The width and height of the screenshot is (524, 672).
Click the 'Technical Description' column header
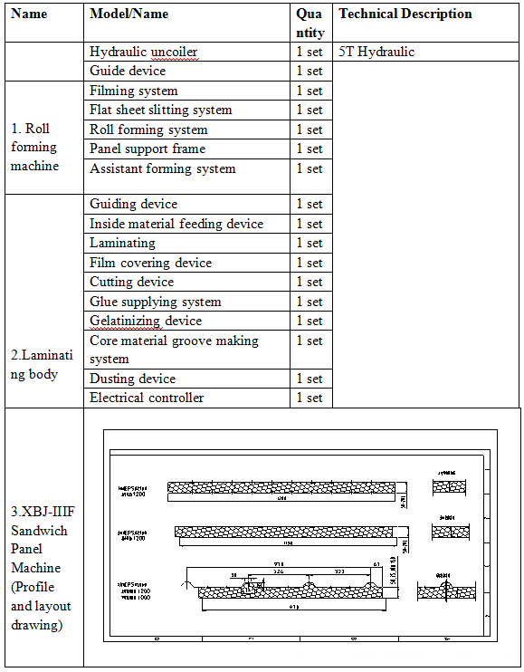click(405, 14)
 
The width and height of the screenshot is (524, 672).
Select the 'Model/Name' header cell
click(129, 14)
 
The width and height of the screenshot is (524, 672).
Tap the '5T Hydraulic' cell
click(376, 52)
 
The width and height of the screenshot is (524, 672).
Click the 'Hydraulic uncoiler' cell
click(143, 52)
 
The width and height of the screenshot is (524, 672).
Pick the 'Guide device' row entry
click(128, 71)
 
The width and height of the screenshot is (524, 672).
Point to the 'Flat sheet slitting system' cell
click(161, 110)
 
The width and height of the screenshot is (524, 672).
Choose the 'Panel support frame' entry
click(148, 149)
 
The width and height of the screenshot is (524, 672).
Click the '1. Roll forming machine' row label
click(35, 147)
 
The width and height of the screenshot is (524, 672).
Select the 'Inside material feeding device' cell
click(176, 224)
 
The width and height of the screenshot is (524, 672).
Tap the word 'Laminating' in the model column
click(122, 243)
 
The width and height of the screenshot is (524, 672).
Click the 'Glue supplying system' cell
click(156, 302)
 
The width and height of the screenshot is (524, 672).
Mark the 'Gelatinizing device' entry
click(146, 321)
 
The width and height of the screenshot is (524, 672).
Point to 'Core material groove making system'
click(174, 350)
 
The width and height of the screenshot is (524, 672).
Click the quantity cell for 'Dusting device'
click(310, 379)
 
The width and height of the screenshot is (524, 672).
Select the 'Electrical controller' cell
click(147, 398)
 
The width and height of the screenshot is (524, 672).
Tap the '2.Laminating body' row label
click(35, 365)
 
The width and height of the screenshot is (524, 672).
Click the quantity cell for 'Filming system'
click(310, 91)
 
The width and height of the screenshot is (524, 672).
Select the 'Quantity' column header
click(310, 23)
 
